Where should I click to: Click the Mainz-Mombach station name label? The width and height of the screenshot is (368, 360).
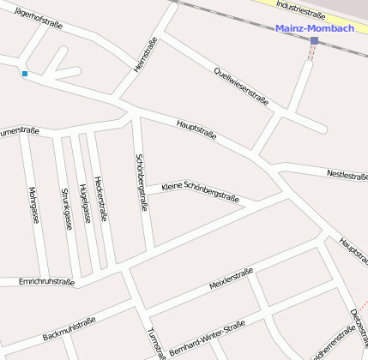[315, 28]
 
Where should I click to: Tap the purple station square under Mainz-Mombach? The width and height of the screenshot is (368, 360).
[315, 40]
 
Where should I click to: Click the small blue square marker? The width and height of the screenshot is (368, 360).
[25, 74]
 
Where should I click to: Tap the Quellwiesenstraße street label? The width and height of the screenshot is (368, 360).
[241, 86]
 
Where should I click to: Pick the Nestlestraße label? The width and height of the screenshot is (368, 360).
[347, 175]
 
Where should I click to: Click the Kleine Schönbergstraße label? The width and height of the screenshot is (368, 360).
[200, 192]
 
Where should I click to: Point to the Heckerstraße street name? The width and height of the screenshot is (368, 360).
[102, 199]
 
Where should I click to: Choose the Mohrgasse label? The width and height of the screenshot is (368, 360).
[33, 205]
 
